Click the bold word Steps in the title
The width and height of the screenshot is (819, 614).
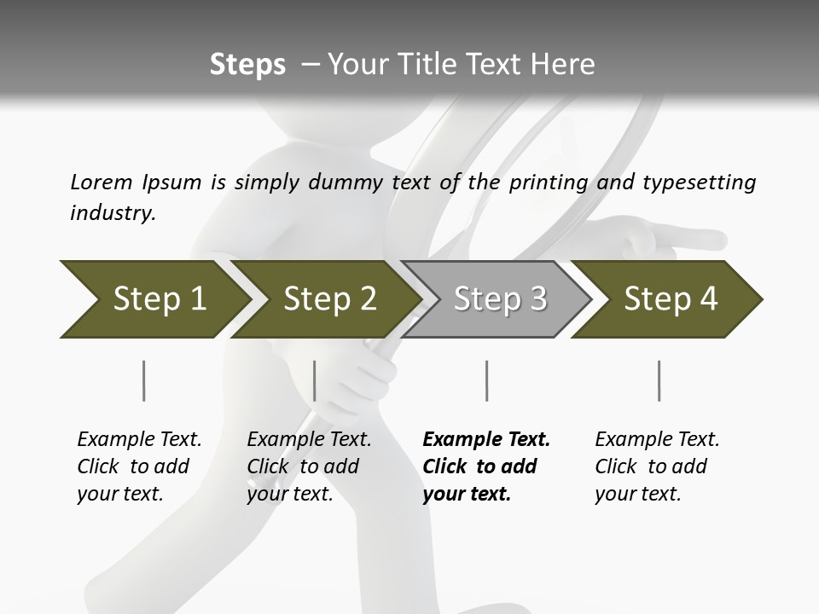[x=247, y=64]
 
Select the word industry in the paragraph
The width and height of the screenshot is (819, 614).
[x=113, y=212]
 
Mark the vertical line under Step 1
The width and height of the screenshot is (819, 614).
[x=143, y=380]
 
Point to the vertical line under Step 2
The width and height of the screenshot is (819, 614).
[x=315, y=380]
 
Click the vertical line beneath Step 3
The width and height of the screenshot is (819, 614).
[x=486, y=380]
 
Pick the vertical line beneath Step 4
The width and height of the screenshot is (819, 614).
[x=659, y=380]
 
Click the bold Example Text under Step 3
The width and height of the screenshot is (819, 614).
[x=486, y=440]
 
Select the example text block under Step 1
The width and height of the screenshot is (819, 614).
[x=139, y=466]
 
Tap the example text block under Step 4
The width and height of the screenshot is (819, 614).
[x=657, y=466]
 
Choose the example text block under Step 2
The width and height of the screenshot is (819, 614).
[x=309, y=466]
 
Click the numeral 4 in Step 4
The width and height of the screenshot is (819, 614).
[x=708, y=298]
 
